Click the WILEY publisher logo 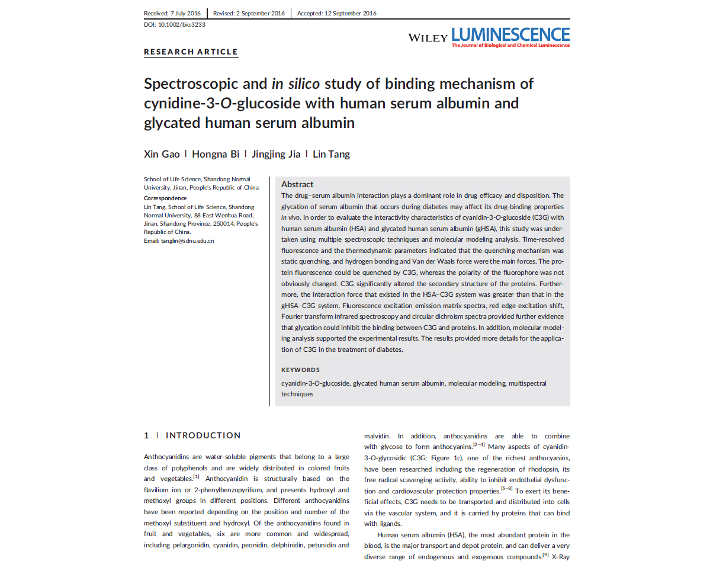click(x=428, y=38)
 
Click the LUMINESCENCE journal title click(x=510, y=35)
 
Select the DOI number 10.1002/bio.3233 click(x=182, y=25)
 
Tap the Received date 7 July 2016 click(x=172, y=14)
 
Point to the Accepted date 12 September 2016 click(x=336, y=14)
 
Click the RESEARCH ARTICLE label click(x=191, y=52)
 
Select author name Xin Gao click(x=162, y=155)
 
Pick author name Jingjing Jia click(x=275, y=155)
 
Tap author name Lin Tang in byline click(x=331, y=155)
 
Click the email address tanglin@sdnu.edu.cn click(x=187, y=241)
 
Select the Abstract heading click(x=297, y=184)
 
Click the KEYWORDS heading click(x=300, y=370)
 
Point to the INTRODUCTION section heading click(x=203, y=435)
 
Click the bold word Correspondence click(x=165, y=198)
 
